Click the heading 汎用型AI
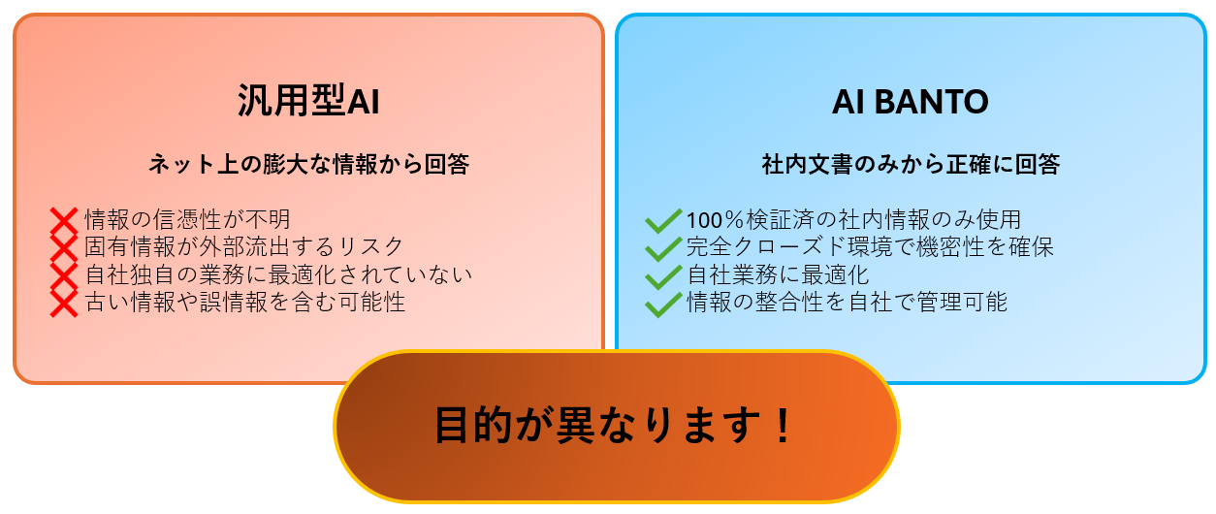pyautogui.click(x=308, y=101)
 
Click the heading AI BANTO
pyautogui.click(x=911, y=102)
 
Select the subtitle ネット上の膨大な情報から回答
pyautogui.click(x=309, y=164)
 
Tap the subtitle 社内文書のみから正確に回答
pyautogui.click(x=911, y=164)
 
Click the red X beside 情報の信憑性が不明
pyautogui.click(x=64, y=221)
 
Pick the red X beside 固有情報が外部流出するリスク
pyautogui.click(x=64, y=248)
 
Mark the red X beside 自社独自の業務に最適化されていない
pyautogui.click(x=64, y=275)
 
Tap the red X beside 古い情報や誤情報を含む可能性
pyautogui.click(x=64, y=304)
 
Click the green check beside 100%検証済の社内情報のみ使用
pyautogui.click(x=663, y=221)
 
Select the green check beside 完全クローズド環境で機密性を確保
pyautogui.click(x=663, y=248)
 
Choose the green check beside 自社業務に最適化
pyautogui.click(x=663, y=276)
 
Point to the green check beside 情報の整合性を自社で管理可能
pyautogui.click(x=663, y=305)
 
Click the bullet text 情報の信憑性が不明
pyautogui.click(x=187, y=219)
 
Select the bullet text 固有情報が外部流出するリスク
pyautogui.click(x=243, y=246)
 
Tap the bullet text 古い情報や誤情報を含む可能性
pyautogui.click(x=244, y=302)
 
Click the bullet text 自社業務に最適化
pyautogui.click(x=778, y=274)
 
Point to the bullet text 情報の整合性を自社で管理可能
pyautogui.click(x=847, y=302)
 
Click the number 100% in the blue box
pyautogui.click(x=715, y=220)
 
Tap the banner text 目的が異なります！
pyautogui.click(x=614, y=425)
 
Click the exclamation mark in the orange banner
pyautogui.click(x=783, y=425)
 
